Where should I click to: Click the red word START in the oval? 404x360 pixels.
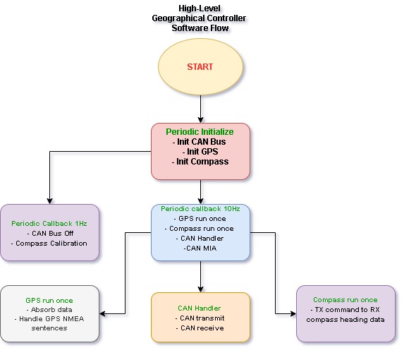coord(200,67)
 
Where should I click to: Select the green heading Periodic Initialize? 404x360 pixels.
coord(200,132)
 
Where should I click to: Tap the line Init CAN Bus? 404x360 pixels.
coord(199,142)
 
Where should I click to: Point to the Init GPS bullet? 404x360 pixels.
coord(200,151)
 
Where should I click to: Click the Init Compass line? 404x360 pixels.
coord(200,162)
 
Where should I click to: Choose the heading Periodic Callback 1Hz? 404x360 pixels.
coord(49,223)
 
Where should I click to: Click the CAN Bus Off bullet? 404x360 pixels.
coord(50,234)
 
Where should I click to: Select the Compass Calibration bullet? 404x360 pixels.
coord(49,244)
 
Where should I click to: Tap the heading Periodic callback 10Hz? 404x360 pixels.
coord(200,209)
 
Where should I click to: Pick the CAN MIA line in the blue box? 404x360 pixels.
coord(200,248)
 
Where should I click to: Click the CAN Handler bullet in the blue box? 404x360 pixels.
coord(200,239)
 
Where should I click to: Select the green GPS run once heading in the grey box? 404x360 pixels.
coord(49,301)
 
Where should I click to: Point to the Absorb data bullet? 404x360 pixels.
coord(49,309)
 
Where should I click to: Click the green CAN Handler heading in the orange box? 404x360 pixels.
coord(199,308)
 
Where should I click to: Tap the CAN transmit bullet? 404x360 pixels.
coord(200,318)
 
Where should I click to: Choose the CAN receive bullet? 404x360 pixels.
coord(200,328)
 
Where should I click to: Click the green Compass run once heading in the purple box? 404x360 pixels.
coord(345,300)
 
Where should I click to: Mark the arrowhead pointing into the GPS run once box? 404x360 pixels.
coord(102,314)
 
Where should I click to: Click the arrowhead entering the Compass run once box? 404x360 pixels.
coord(293,314)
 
